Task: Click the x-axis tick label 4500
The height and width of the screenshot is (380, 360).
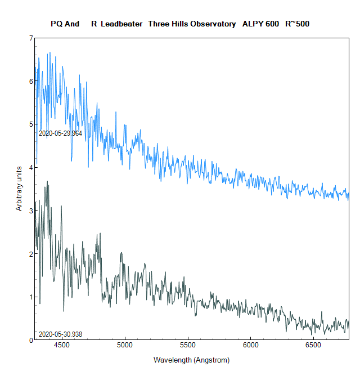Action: point(61,345)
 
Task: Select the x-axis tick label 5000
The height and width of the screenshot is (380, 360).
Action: point(124,345)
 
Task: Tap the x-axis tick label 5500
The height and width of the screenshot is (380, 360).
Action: point(187,345)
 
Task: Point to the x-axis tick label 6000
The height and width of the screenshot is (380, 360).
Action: point(250,345)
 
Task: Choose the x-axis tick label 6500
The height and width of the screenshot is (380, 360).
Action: point(313,345)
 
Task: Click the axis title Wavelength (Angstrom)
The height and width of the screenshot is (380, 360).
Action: point(191,360)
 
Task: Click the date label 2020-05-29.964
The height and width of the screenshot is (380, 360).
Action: point(60,133)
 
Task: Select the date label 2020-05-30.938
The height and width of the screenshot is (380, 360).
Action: point(60,334)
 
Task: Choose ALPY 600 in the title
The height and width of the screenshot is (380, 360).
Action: point(260,24)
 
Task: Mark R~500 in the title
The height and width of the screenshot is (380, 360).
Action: point(298,24)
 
